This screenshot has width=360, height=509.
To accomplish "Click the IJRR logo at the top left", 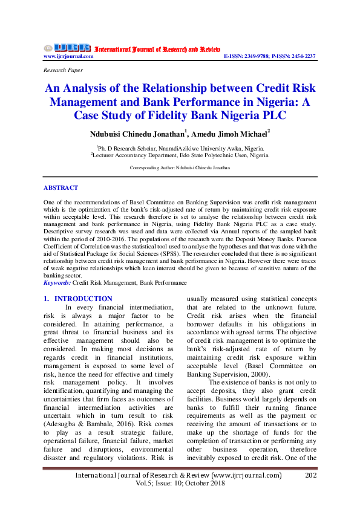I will click(x=67, y=48).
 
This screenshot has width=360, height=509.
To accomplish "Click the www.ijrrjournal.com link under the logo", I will click(x=68, y=56).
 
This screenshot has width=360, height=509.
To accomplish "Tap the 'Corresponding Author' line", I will click(x=180, y=167).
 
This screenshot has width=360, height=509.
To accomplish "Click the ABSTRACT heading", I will click(x=61, y=188).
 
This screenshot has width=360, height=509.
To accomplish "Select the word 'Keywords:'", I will click(x=57, y=282).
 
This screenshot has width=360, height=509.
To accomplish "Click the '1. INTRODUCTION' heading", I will click(x=78, y=299).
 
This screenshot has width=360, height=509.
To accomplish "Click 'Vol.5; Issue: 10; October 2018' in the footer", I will click(x=179, y=485).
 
